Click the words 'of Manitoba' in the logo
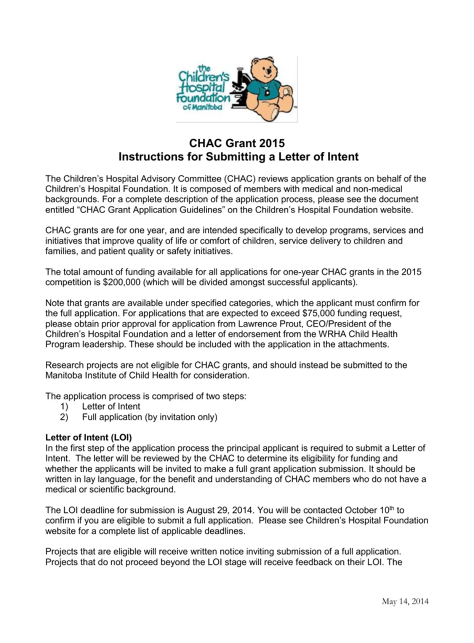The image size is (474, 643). tap(202, 107)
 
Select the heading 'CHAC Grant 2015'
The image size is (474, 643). tap(237, 143)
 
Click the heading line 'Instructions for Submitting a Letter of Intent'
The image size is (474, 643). tap(238, 156)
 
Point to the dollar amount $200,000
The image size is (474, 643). tap(121, 282)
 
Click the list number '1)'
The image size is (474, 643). tap(64, 407)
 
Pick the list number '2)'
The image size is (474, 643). tap(64, 417)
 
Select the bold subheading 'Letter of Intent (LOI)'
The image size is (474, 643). tap(88, 438)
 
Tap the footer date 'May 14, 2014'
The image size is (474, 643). tap(405, 602)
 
